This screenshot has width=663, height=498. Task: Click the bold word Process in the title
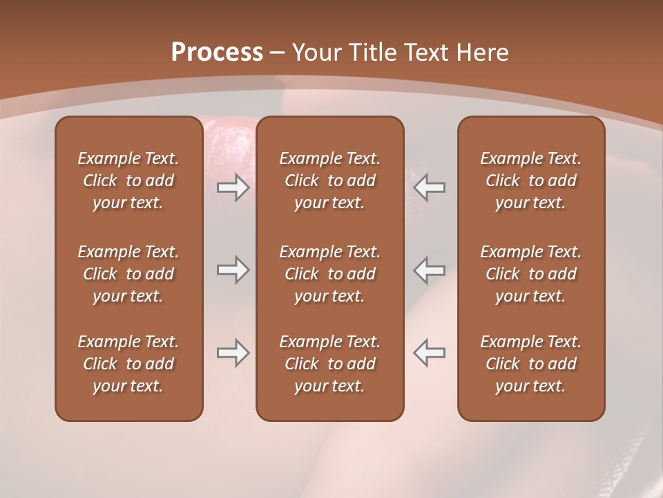click(x=217, y=52)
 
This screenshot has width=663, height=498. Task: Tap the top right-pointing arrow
click(x=233, y=188)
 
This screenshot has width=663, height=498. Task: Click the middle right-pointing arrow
click(x=233, y=270)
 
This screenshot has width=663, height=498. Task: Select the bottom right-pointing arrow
click(x=233, y=353)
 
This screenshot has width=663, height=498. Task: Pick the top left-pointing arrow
click(x=430, y=188)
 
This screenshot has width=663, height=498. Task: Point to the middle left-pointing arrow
click(x=430, y=270)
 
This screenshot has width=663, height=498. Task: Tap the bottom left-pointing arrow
click(x=430, y=353)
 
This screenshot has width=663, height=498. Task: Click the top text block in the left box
click(x=128, y=181)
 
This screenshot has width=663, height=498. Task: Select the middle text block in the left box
click(x=128, y=274)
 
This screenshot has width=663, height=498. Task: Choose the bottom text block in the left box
click(x=128, y=364)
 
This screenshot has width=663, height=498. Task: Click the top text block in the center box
click(x=330, y=181)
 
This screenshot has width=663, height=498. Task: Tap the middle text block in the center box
click(x=330, y=274)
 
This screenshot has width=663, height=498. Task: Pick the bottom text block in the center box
click(x=330, y=364)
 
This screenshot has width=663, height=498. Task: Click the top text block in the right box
click(x=531, y=181)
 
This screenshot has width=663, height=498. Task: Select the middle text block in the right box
click(x=531, y=274)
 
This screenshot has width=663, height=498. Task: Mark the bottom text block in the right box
click(x=531, y=364)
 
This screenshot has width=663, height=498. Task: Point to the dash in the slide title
click(x=278, y=53)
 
